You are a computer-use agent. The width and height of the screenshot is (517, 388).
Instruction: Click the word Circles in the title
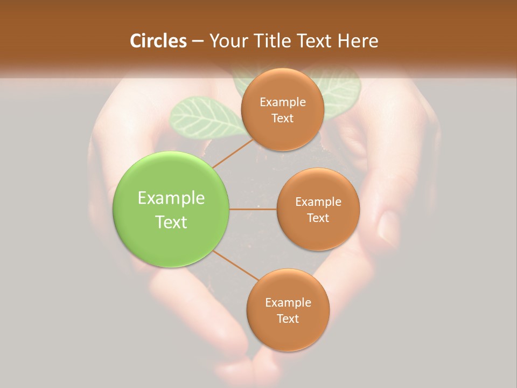coord(158,41)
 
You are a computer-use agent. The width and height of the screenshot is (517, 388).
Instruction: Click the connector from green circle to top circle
coord(233,153)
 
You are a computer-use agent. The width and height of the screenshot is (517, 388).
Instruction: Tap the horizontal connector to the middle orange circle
coord(253,209)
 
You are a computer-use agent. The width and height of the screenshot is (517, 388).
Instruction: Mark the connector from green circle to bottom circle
coord(236,266)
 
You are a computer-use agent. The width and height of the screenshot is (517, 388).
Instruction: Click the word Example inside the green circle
coord(171,198)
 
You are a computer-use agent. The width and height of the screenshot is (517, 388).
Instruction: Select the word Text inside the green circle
coord(171,222)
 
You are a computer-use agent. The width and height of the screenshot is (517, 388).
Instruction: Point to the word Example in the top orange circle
coord(283,102)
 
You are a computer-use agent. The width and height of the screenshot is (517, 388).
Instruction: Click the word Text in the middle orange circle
coord(318,218)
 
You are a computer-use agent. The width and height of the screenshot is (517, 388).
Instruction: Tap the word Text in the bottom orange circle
coord(288,318)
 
